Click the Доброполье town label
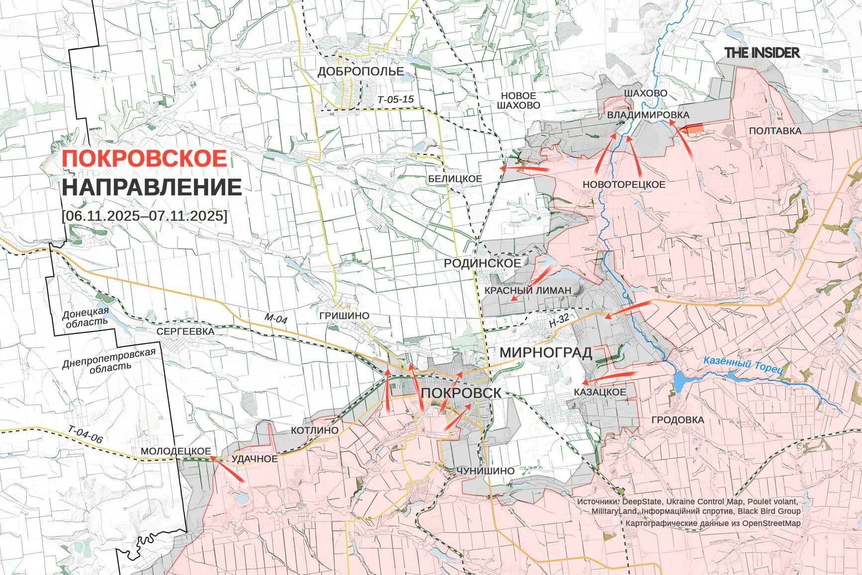click(361, 72)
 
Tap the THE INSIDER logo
click(761, 53)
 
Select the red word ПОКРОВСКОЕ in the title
click(145, 159)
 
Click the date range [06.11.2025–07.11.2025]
click(144, 216)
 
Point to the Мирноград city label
click(545, 352)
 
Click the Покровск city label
click(461, 393)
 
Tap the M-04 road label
click(276, 319)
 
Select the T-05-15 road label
click(396, 100)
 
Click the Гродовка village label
click(677, 420)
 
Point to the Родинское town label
click(482, 263)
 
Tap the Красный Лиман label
click(528, 290)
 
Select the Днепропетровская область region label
click(109, 359)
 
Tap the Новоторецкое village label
click(624, 185)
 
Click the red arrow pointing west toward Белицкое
click(525, 170)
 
